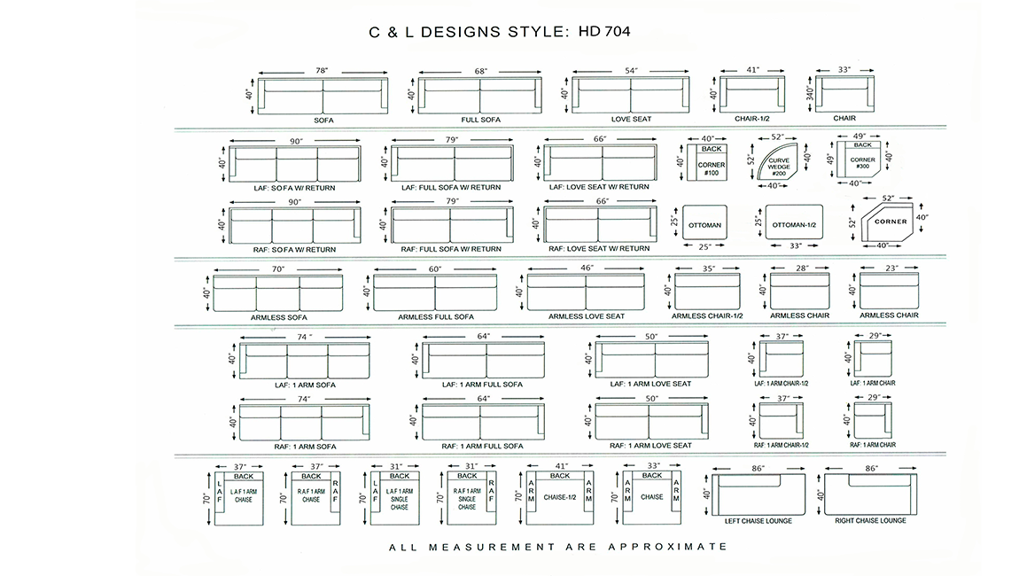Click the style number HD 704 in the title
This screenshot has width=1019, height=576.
(603, 31)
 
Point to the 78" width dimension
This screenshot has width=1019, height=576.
(322, 71)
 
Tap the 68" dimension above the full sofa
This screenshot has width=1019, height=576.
(481, 71)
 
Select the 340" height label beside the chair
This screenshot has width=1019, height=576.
(810, 94)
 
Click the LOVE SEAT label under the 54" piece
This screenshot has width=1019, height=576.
(631, 119)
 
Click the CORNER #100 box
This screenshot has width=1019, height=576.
(707, 162)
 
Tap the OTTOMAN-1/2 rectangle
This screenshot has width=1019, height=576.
(794, 222)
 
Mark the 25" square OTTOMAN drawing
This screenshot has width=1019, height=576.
(704, 223)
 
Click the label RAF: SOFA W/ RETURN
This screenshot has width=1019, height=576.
(294, 250)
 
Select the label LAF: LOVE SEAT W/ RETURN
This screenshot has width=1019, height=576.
(599, 187)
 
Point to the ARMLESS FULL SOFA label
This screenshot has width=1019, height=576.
(436, 316)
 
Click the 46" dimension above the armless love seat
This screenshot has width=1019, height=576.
(587, 268)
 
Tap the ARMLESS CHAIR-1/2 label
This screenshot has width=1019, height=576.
(707, 316)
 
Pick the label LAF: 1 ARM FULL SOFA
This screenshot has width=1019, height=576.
(482, 385)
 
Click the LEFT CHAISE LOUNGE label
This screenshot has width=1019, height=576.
(758, 521)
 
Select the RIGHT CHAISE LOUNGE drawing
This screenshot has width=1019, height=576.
(871, 494)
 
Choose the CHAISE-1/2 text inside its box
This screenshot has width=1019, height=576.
(560, 497)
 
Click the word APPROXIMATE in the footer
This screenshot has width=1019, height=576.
(668, 547)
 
